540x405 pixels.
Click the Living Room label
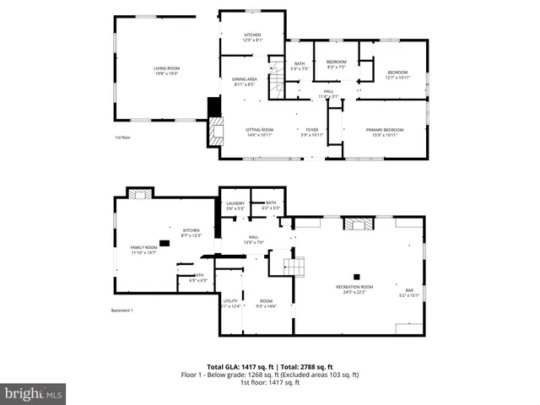(x=165, y=71)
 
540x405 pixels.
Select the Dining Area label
(x=245, y=82)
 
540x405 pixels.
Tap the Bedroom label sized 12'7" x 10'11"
(x=397, y=75)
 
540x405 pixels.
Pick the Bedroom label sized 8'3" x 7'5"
(x=337, y=64)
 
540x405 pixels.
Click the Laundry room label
(x=235, y=205)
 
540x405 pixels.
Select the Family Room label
(x=143, y=250)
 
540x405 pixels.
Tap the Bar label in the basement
(x=409, y=293)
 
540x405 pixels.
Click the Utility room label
(x=230, y=303)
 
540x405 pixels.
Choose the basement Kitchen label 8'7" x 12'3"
(x=191, y=232)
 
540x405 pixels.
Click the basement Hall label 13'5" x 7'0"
(x=253, y=240)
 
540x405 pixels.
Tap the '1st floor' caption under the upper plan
(x=124, y=138)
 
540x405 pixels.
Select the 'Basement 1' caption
(x=122, y=310)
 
